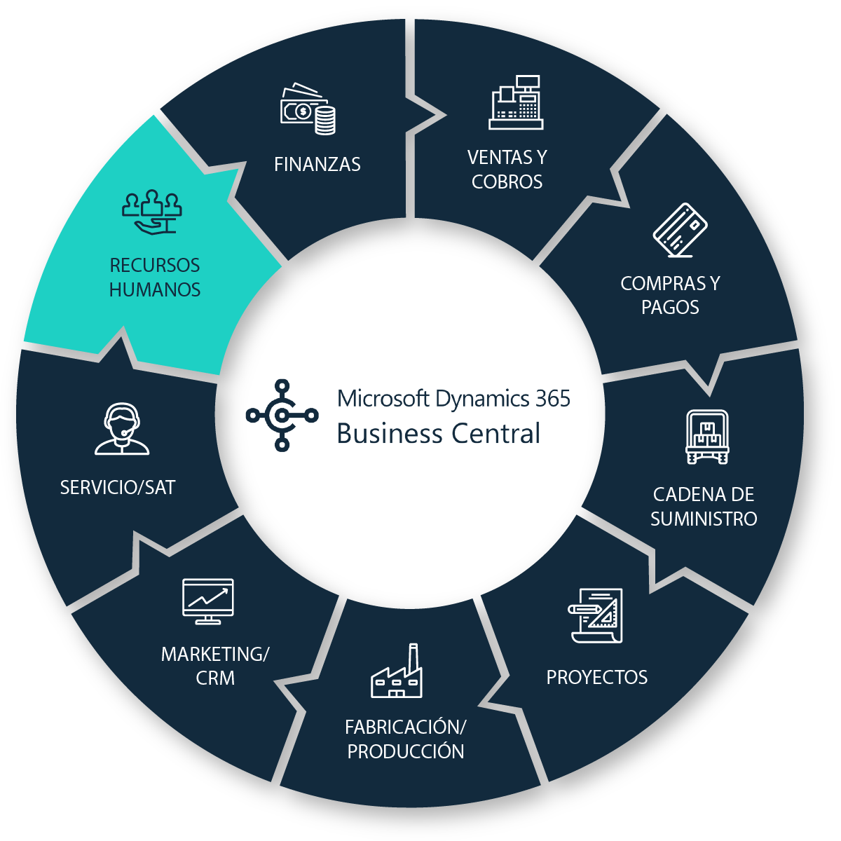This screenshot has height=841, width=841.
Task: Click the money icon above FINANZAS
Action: tap(308, 109)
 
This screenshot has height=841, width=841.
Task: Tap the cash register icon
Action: tap(516, 102)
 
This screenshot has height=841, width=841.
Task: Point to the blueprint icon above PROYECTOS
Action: tap(596, 615)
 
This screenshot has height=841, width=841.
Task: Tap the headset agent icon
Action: tap(122, 429)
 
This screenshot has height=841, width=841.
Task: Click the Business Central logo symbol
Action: tap(282, 415)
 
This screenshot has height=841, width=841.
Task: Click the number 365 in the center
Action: tap(553, 399)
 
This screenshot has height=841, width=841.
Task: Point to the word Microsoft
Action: tap(383, 399)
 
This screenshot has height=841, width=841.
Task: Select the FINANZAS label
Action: tap(317, 165)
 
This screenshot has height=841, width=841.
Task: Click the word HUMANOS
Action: tap(155, 289)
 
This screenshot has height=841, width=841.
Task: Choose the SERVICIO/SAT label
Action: tap(118, 488)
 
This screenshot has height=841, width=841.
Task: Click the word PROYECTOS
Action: tap(597, 678)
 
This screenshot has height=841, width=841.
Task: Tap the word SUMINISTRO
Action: tap(704, 519)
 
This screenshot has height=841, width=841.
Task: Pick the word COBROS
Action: tap(507, 182)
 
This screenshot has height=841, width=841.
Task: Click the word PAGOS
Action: tap(670, 307)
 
